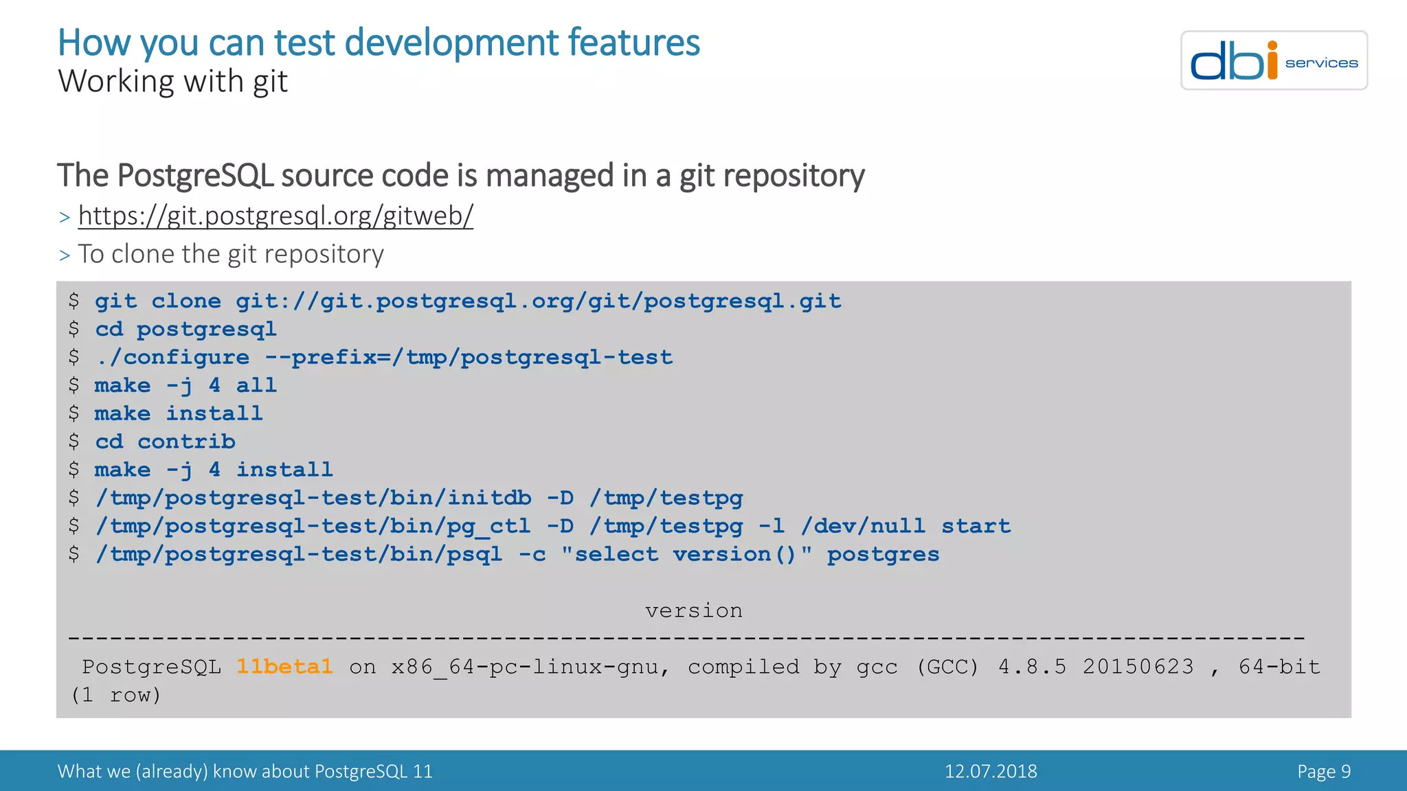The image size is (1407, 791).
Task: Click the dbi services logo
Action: (x=1273, y=60)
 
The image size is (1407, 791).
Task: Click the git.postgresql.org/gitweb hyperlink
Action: (x=275, y=216)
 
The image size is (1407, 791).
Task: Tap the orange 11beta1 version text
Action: (x=284, y=667)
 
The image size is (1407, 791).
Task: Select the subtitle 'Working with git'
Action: (x=172, y=82)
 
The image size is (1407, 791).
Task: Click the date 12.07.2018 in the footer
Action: (x=990, y=771)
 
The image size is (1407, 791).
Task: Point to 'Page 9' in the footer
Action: (x=1323, y=771)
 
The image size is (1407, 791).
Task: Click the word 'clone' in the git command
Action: (x=186, y=301)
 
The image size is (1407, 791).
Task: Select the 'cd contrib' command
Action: (x=165, y=442)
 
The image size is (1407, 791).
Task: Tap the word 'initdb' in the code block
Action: (x=489, y=498)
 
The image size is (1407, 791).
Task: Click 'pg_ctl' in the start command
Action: (x=489, y=527)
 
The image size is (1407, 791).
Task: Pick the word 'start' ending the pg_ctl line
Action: (x=976, y=527)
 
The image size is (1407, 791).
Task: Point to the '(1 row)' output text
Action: (x=115, y=696)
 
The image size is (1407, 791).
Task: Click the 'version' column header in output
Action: (x=693, y=610)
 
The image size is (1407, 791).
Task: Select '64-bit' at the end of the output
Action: (x=1279, y=667)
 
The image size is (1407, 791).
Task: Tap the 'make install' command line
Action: (x=179, y=413)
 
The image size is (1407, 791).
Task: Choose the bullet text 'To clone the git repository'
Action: (x=230, y=255)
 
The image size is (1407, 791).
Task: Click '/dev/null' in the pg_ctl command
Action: (x=863, y=527)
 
